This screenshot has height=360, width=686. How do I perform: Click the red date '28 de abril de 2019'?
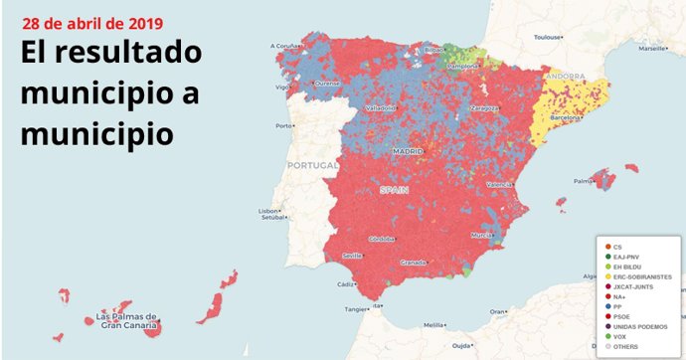[x=92, y=22]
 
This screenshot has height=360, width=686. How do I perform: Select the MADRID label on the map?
[x=408, y=151]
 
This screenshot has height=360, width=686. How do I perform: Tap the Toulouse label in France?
[x=548, y=37]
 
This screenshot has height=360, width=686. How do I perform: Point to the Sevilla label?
[x=352, y=256]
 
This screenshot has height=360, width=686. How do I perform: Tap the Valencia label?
[x=499, y=186]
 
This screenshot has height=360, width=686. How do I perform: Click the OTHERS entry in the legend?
[x=625, y=345]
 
